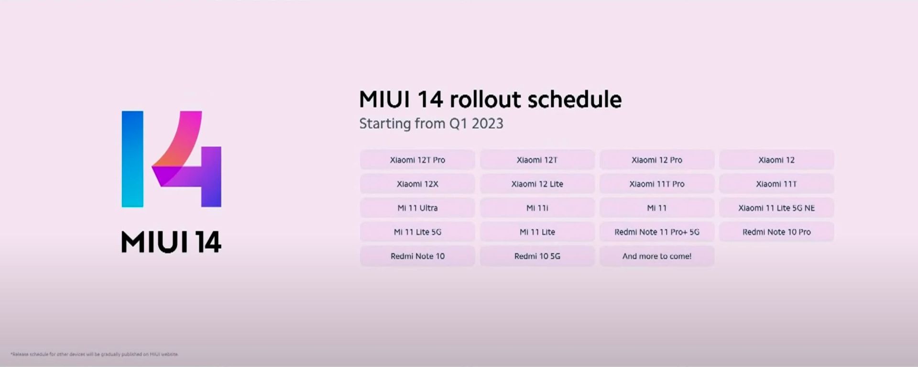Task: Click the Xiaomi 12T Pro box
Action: click(417, 160)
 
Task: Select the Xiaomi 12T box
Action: click(537, 160)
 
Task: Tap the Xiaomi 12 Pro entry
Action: click(656, 160)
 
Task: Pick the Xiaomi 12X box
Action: click(417, 184)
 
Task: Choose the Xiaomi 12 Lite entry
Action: click(537, 184)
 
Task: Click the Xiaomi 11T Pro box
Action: click(656, 184)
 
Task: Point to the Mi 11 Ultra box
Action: click(417, 208)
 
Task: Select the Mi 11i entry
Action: click(537, 208)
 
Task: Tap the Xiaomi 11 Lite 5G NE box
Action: click(776, 208)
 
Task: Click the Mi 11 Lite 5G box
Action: click(417, 232)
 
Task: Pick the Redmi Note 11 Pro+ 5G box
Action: click(656, 232)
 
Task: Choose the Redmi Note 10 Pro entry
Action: click(776, 232)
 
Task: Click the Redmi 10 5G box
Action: click(537, 256)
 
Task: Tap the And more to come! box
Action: click(656, 256)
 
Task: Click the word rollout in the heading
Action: click(485, 100)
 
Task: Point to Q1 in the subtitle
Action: click(458, 124)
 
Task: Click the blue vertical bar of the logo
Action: click(132, 159)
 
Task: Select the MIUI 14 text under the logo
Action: click(171, 242)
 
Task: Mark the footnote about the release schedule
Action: click(94, 355)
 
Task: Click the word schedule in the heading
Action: click(574, 100)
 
